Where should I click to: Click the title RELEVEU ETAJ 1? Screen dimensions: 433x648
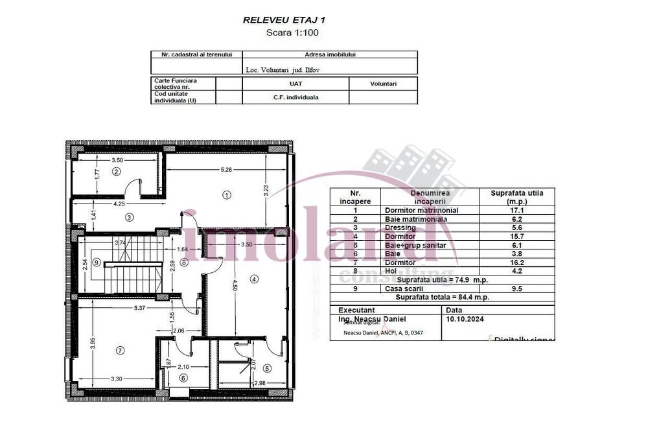coord(284,20)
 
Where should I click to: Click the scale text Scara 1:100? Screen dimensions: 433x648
coord(292,32)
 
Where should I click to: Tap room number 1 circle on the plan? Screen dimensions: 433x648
coord(227,194)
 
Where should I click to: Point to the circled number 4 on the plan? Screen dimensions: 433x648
coord(254,279)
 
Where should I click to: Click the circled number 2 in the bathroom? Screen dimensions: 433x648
coord(116,172)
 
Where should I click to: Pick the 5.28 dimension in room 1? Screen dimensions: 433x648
coord(226,170)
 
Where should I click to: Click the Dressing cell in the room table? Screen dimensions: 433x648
coord(400,228)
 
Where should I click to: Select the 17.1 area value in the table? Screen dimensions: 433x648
coord(517,211)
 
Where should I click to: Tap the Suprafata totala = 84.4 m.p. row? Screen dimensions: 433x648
coord(443,297)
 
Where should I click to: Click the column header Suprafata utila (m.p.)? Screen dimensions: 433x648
coord(517,197)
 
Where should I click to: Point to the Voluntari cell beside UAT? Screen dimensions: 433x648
coord(383,84)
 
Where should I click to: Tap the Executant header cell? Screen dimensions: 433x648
coord(356,311)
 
